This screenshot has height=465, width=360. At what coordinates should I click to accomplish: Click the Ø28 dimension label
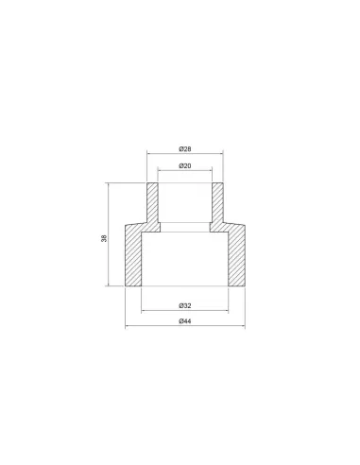click(x=185, y=149)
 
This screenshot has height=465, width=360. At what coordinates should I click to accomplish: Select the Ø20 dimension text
click(x=185, y=165)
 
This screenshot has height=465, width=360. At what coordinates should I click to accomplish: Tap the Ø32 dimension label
click(x=185, y=305)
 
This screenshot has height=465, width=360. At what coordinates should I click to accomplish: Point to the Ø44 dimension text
click(x=185, y=321)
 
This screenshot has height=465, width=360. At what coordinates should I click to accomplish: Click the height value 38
click(x=104, y=238)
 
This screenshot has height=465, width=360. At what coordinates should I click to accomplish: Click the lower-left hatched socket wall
click(x=133, y=255)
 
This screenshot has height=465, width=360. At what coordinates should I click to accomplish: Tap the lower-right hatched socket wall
click(x=236, y=255)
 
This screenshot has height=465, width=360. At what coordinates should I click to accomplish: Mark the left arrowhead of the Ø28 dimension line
click(x=149, y=154)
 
